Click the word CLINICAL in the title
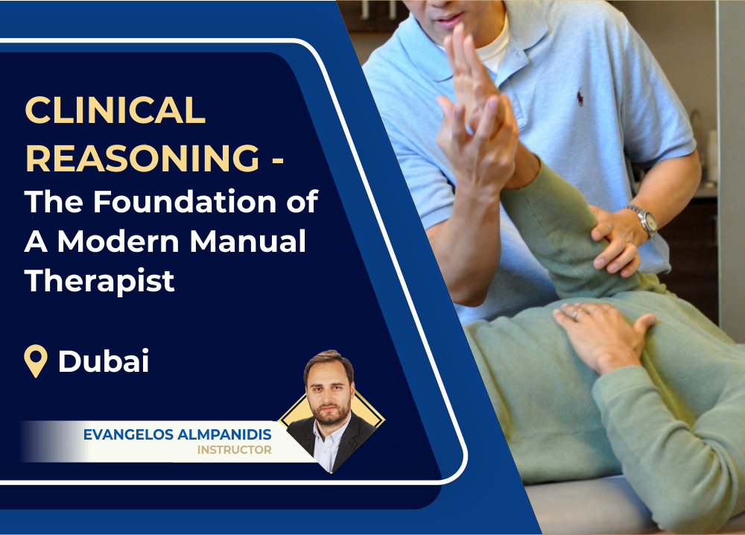point(115,111)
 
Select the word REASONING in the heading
point(142,158)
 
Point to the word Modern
point(121,241)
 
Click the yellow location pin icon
point(36,361)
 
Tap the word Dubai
point(104,361)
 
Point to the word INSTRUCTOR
point(234,450)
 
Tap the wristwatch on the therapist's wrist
point(641,220)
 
